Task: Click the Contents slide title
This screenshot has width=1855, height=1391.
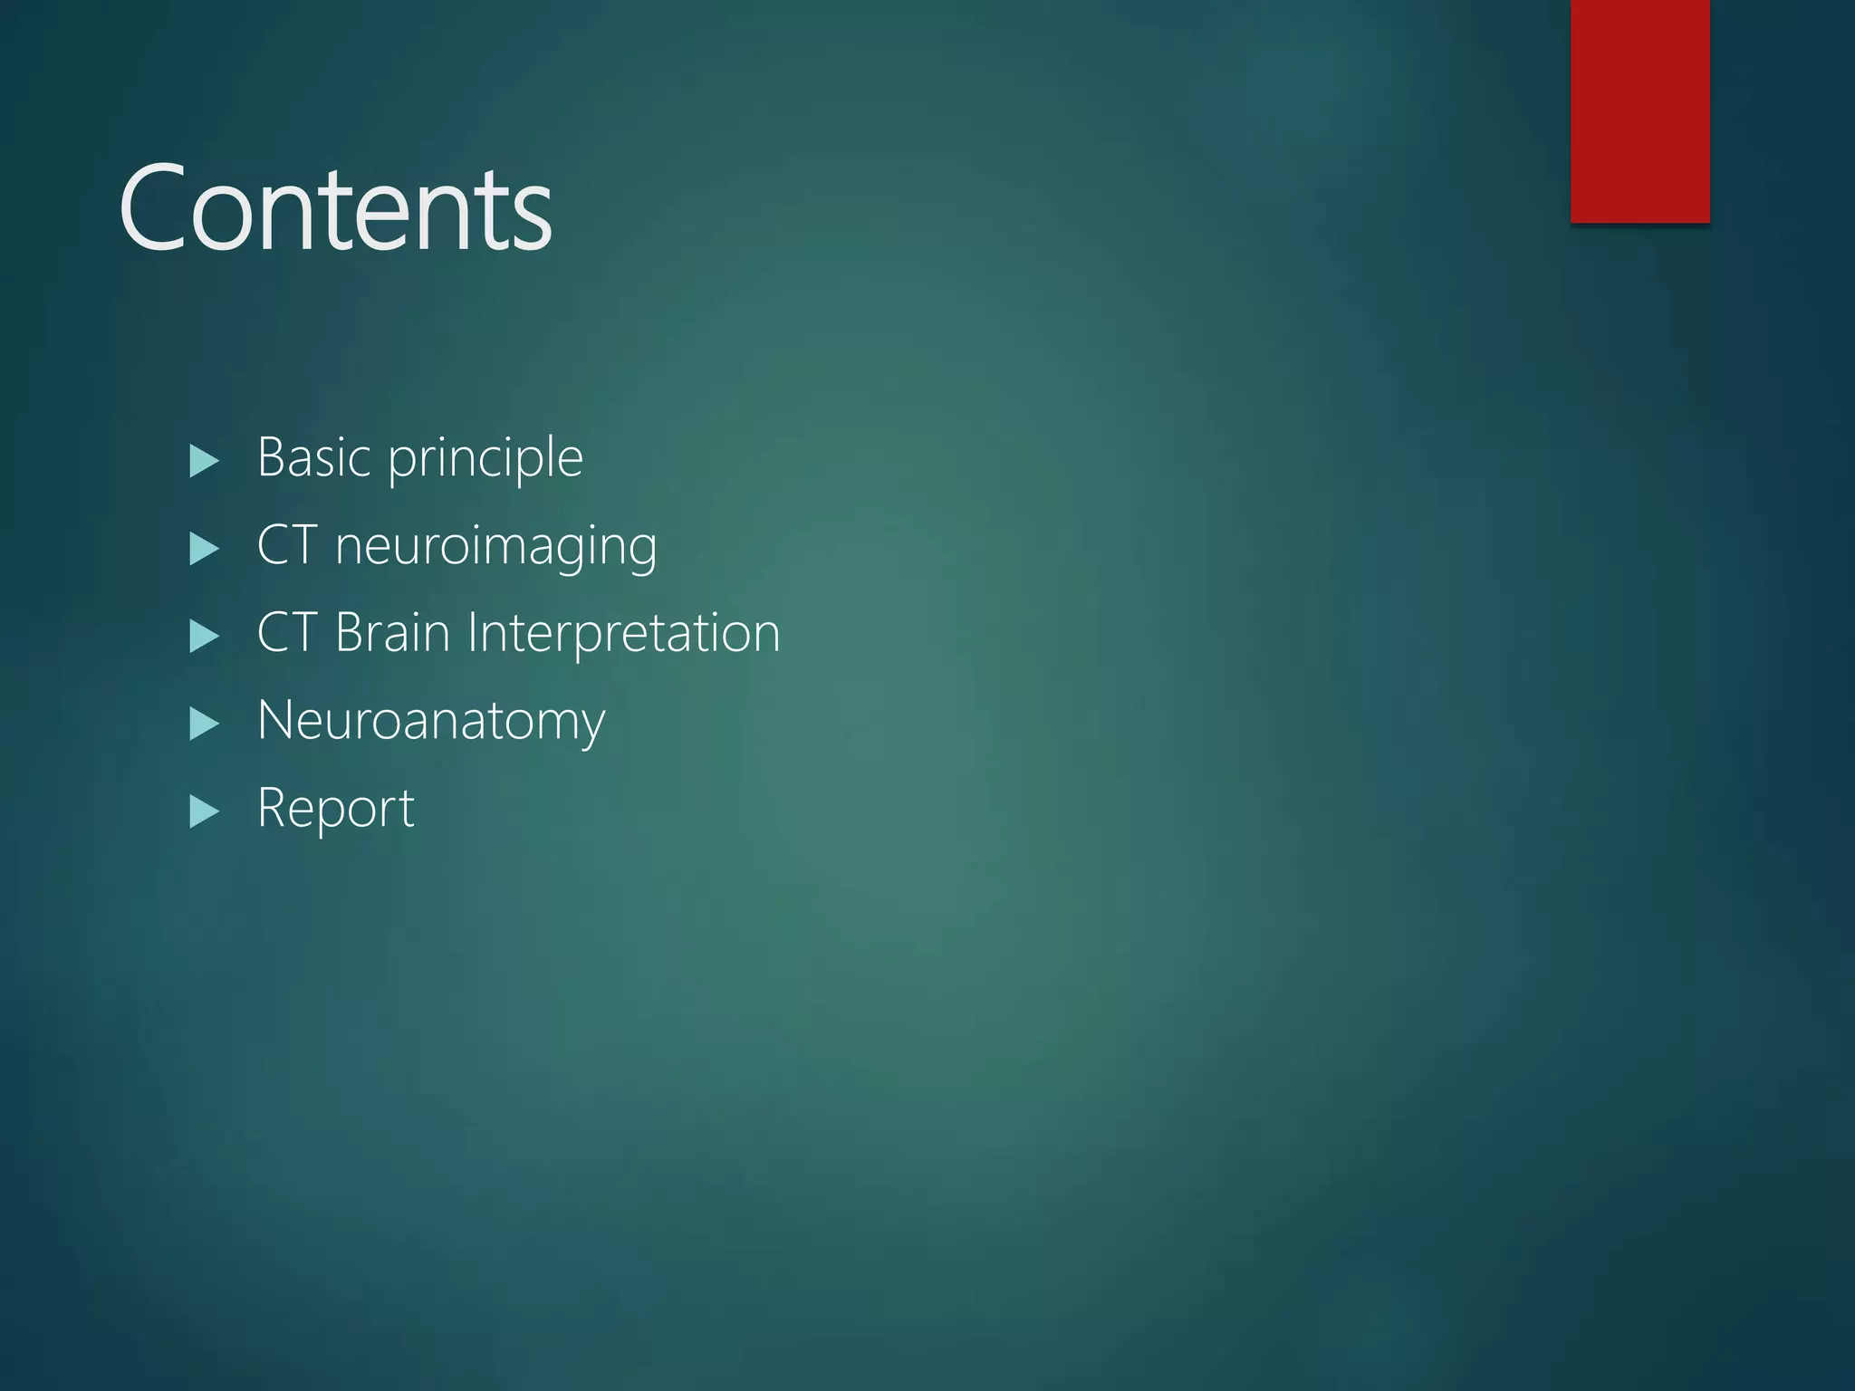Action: click(x=335, y=210)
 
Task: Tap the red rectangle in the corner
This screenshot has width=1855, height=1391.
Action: click(x=1639, y=110)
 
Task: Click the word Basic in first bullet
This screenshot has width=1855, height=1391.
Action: click(x=314, y=457)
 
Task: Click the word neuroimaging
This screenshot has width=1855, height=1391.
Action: click(x=495, y=547)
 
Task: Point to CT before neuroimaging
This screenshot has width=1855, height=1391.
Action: click(x=286, y=545)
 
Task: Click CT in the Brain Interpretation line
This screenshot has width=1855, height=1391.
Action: click(x=286, y=632)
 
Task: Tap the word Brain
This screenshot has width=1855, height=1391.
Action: click(x=392, y=632)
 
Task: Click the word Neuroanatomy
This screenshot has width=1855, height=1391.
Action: click(x=431, y=722)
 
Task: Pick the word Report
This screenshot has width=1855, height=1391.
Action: click(x=335, y=809)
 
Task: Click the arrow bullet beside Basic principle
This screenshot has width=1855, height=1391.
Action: click(x=204, y=461)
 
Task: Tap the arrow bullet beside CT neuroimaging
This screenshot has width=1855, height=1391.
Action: click(x=204, y=549)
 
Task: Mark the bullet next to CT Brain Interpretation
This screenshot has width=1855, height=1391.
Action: click(x=204, y=636)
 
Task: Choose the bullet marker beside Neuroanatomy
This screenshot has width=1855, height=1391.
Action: click(x=204, y=724)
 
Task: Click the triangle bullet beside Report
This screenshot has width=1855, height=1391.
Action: click(x=204, y=811)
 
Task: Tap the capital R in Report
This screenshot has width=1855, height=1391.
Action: click(x=273, y=807)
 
